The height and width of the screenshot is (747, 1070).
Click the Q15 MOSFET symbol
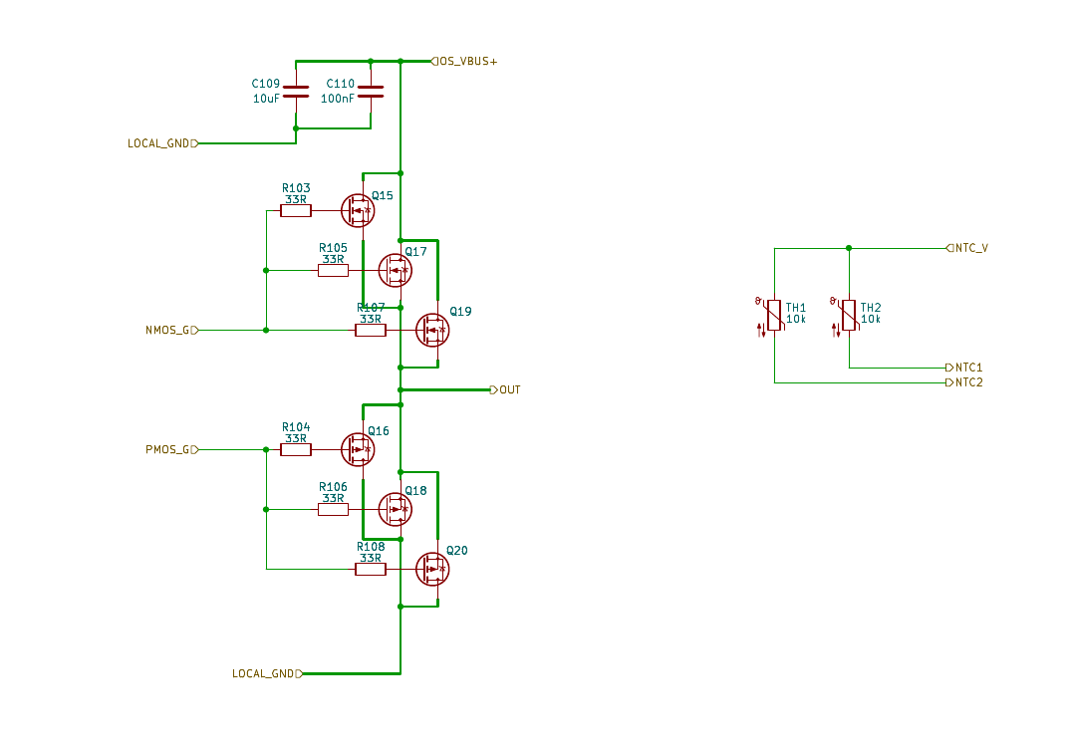coord(357,210)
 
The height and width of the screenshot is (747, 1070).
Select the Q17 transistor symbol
coord(395,270)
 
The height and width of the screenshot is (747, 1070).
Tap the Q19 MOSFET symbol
coord(431,330)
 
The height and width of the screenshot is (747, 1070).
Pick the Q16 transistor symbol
coord(357,449)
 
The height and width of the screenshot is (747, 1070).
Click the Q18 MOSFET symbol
coord(395,509)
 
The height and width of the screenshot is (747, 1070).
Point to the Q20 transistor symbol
coord(431,569)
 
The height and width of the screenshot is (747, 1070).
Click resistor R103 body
coord(296,210)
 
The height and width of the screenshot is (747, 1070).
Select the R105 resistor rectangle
coord(333,270)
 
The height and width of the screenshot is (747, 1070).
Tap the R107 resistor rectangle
coord(371,330)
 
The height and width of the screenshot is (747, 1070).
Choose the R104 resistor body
coord(296,449)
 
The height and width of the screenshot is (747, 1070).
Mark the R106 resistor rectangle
coord(333,509)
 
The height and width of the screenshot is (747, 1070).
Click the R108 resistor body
coord(371,569)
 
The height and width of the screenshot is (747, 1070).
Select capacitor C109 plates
coord(296,92)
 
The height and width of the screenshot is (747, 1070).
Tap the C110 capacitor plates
coord(371,92)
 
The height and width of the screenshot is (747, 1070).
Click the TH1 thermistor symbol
coord(774,315)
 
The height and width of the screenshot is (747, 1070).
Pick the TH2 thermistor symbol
coord(849,315)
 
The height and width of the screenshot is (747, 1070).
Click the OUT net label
coord(509,389)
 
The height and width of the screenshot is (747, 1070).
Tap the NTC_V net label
coord(970,248)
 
